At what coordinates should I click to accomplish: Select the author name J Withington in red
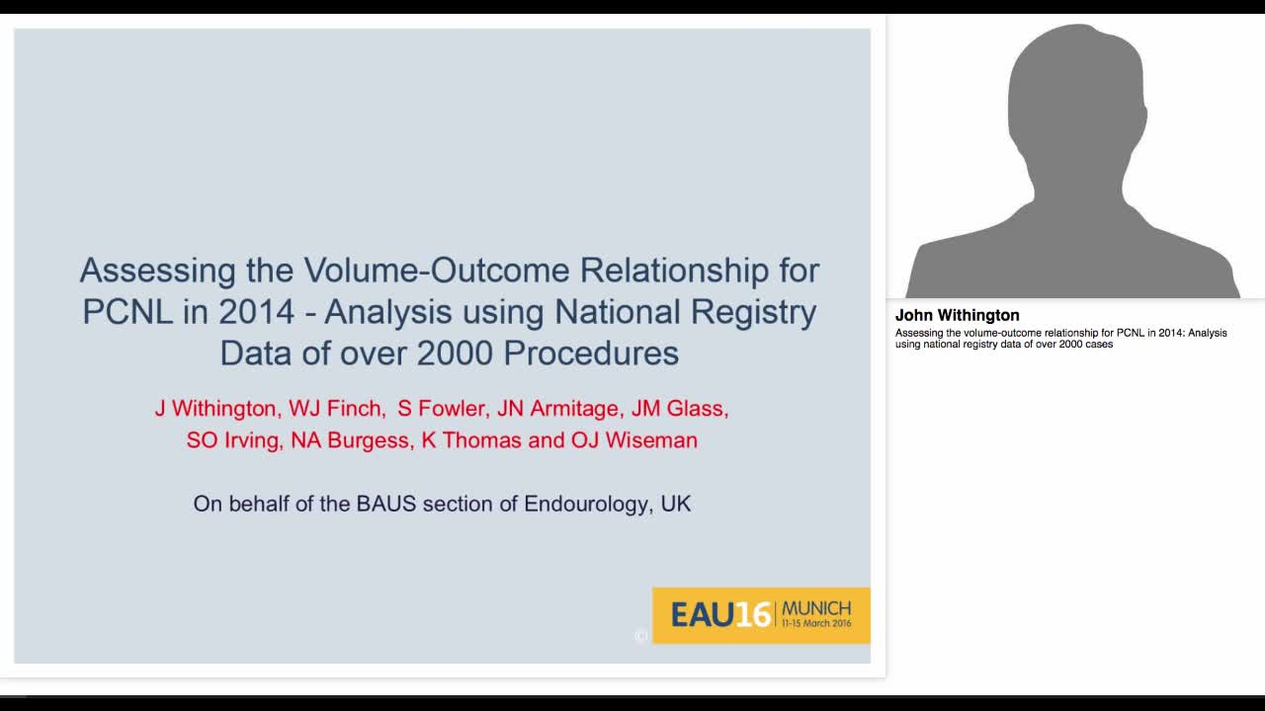(x=215, y=409)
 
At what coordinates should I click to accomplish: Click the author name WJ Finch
(x=336, y=409)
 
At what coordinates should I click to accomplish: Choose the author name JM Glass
(x=679, y=409)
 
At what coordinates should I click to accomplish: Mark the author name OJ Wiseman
(x=634, y=440)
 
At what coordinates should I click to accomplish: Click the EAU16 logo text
(x=720, y=615)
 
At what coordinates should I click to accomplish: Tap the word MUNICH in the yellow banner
(x=816, y=607)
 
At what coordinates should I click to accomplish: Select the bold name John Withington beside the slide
(x=957, y=315)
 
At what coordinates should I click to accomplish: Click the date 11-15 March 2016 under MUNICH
(x=816, y=625)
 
